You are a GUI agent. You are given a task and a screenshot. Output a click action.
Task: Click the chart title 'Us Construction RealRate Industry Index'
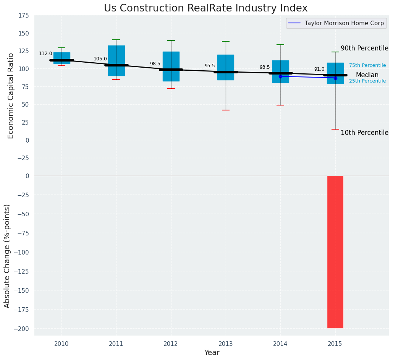click(x=205, y=8)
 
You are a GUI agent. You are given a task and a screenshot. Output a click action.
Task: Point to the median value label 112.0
click(x=45, y=54)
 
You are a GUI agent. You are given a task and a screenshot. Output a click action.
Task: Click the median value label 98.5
click(x=155, y=64)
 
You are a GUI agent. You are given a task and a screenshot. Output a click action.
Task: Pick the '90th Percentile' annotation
click(x=364, y=49)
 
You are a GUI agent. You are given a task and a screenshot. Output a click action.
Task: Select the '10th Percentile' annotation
click(x=364, y=133)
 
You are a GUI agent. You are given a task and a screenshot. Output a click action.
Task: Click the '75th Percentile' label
click(x=367, y=65)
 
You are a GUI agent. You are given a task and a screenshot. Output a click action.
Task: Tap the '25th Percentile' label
click(x=367, y=81)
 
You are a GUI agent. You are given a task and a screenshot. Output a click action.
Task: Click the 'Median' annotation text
click(x=367, y=75)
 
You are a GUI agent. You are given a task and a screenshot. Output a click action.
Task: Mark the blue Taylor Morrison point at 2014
click(x=280, y=76)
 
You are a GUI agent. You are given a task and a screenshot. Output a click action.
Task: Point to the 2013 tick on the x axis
click(x=225, y=344)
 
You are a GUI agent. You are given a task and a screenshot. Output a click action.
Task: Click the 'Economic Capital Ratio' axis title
click(x=11, y=96)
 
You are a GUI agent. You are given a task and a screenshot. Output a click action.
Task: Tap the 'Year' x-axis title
click(x=212, y=353)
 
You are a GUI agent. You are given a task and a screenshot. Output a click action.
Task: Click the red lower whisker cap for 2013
click(x=226, y=110)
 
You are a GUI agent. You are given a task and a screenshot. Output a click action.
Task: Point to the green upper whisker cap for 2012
click(x=171, y=41)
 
